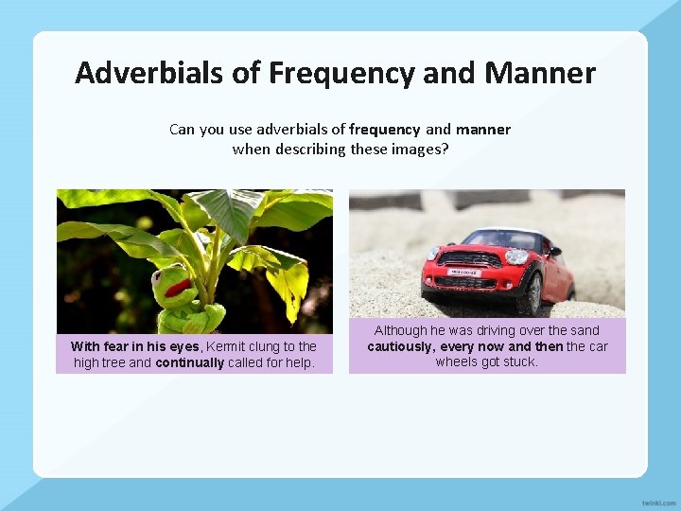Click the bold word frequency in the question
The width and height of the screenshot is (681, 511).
[x=384, y=130]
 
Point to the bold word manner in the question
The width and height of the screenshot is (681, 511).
[x=482, y=130]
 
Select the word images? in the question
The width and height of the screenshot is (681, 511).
[x=418, y=149]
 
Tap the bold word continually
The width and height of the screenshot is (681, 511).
[x=189, y=362]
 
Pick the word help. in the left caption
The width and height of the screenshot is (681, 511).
[x=298, y=362]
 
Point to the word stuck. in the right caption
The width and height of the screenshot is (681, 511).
[x=518, y=361]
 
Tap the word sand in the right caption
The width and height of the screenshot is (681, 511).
[x=585, y=330]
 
